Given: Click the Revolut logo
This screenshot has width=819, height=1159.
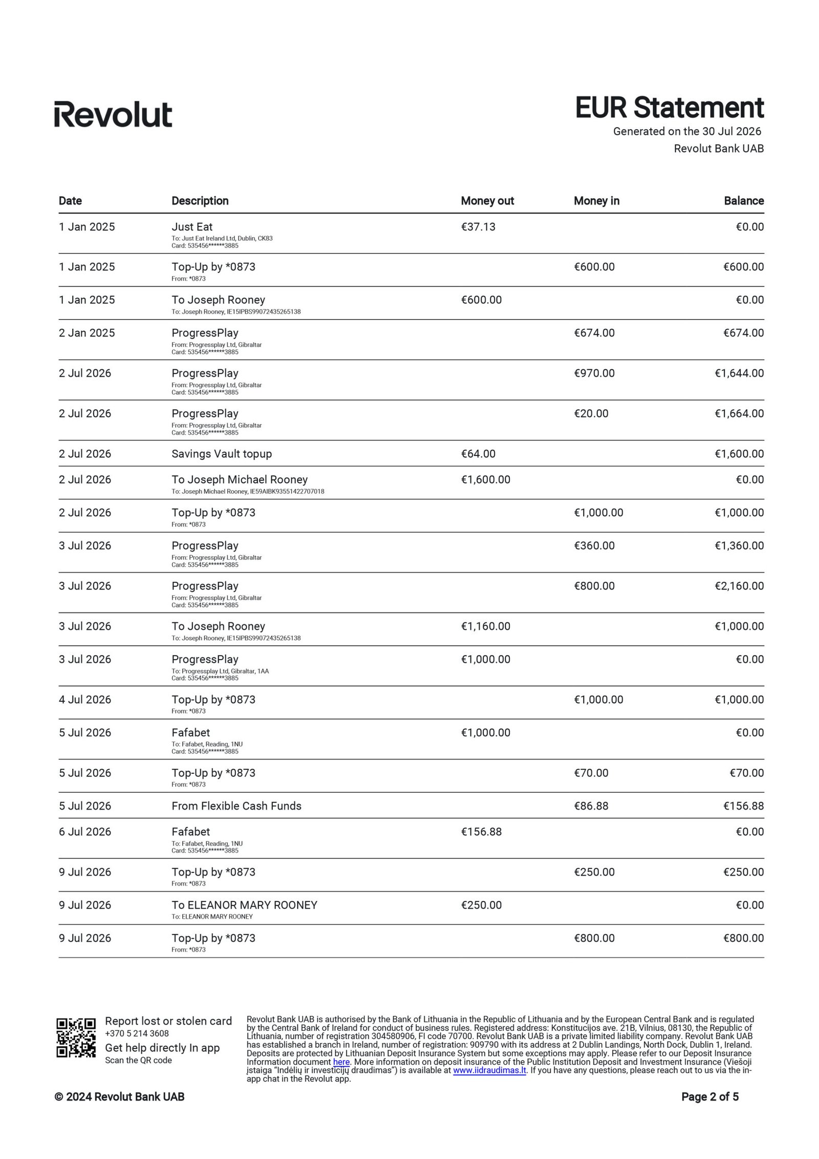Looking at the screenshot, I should coord(113,114).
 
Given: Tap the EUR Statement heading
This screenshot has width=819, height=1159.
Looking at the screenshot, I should coord(669,108).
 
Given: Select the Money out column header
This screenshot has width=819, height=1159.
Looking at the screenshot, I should coord(487,201).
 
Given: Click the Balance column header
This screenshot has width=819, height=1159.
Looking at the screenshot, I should coord(743,201).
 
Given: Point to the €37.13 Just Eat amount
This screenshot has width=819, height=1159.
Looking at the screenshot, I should coord(478,227).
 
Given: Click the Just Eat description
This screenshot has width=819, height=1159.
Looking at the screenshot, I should coord(192,227).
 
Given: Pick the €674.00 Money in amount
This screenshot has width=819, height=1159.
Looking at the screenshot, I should coord(594,333).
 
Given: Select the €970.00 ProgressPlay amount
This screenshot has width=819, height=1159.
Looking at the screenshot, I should coord(594,373).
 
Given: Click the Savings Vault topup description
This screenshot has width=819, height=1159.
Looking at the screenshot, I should coord(222,454).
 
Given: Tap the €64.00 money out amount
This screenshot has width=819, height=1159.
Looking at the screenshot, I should coord(478,454).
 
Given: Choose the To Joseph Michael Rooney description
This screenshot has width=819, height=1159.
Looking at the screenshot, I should coord(240,479).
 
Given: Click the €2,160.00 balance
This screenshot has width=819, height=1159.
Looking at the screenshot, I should coord(739,586).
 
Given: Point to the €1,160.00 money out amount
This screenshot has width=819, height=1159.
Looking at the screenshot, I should coord(485,626).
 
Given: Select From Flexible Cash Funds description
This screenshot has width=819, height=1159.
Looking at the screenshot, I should coord(236,806).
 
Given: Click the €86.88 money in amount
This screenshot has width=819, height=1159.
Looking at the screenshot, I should coord(591,806).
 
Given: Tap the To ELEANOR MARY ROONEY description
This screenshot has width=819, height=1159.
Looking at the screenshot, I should coord(244,905).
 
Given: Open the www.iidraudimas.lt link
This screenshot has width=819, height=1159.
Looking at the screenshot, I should coord(489,1070).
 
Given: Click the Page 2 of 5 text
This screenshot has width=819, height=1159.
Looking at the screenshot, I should coord(709,1097).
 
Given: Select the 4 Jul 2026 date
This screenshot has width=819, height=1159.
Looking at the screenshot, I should coord(85,700).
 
